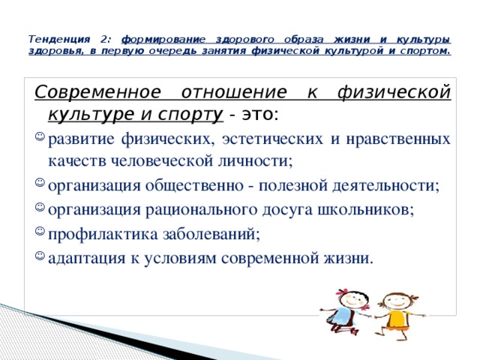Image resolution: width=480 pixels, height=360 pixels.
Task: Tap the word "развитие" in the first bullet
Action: pyautogui.click(x=82, y=138)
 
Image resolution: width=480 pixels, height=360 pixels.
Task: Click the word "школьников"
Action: pyautogui.click(x=366, y=209)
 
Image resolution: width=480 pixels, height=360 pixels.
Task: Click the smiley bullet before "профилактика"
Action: pyautogui.click(x=40, y=233)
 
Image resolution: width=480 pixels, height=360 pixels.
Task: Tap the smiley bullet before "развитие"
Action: pyautogui.click(x=40, y=138)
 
